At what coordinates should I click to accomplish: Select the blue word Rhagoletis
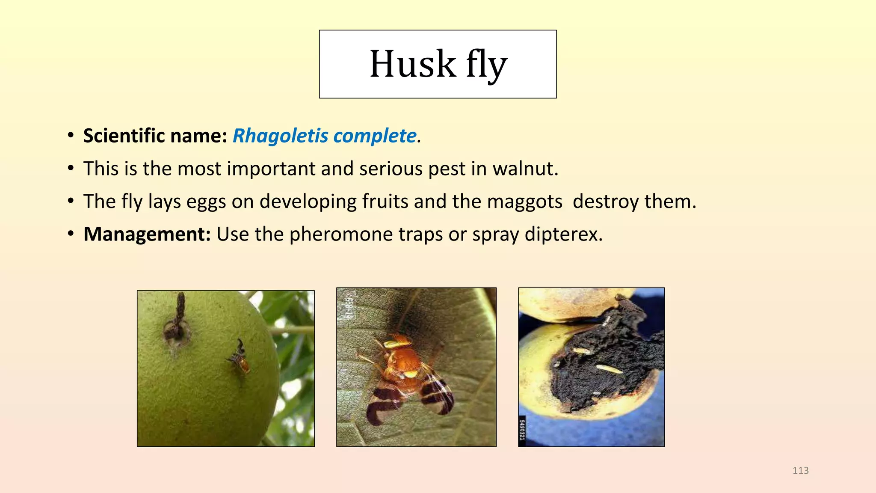tap(281, 136)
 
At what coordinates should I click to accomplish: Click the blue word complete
tap(375, 136)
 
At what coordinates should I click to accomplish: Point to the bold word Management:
tap(147, 235)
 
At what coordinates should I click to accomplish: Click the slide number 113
tap(800, 471)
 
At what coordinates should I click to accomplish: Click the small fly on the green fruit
tap(240, 357)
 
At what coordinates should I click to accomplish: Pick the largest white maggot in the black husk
tap(608, 368)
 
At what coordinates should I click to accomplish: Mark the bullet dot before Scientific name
tap(71, 136)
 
